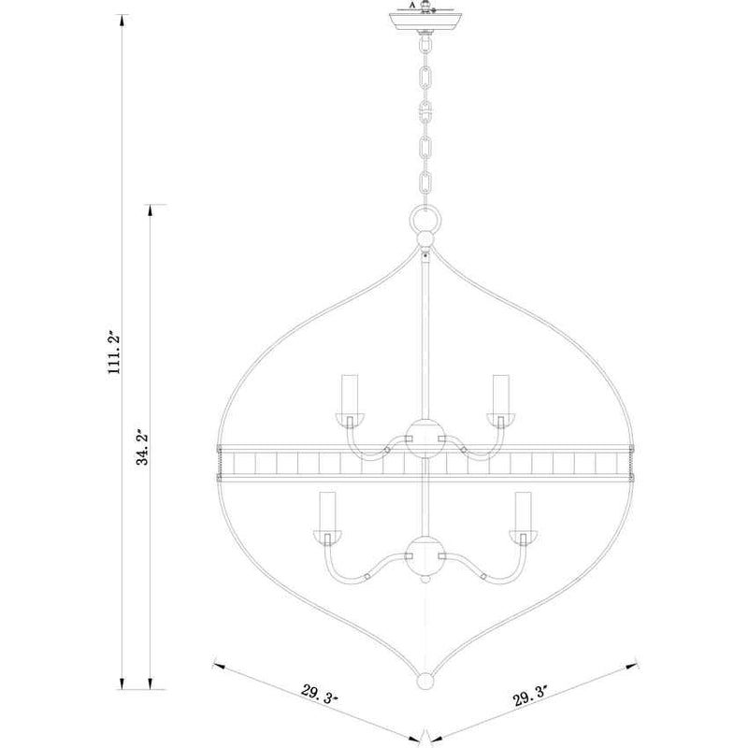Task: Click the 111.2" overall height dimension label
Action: coord(114,352)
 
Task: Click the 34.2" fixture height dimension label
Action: coord(142,447)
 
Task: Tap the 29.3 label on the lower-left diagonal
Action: coord(319,694)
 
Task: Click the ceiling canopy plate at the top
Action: coord(425,22)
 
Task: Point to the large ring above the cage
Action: coord(425,219)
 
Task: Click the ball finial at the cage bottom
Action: coord(425,681)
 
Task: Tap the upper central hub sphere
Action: coord(425,439)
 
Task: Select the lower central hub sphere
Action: coord(425,555)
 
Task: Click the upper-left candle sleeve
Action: coord(350,394)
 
